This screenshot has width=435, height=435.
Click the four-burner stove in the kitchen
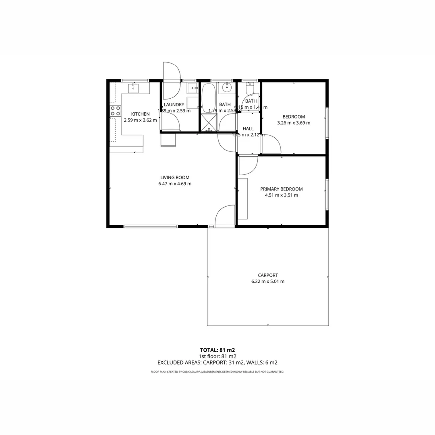pos(116,111)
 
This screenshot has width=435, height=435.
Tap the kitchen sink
pos(134,87)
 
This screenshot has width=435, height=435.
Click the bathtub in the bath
pos(209,98)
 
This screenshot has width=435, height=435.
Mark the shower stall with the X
pos(209,122)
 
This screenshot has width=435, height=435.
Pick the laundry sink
pos(193,88)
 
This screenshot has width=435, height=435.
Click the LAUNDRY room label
pos(174,105)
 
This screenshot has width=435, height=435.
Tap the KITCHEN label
pos(140,114)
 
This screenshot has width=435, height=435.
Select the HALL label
pos(248,128)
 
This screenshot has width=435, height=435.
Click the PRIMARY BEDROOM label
pos(281,189)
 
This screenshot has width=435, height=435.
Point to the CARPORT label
pos(268,275)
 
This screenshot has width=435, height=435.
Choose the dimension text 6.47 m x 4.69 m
pos(175,184)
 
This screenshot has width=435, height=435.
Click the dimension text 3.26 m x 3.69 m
pos(294,123)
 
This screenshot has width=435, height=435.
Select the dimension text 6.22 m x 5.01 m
pos(268,282)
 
